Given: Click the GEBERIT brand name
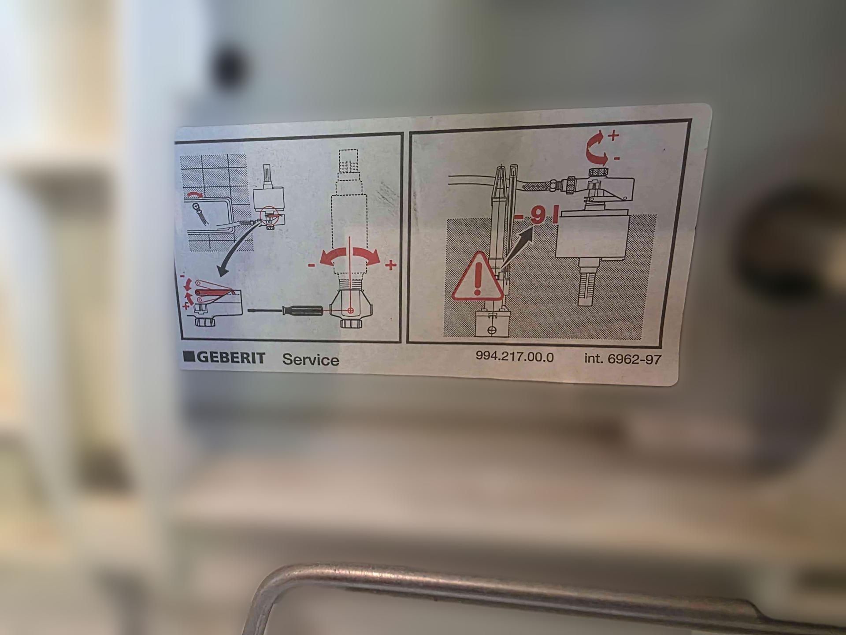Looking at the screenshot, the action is pyautogui.click(x=231, y=357).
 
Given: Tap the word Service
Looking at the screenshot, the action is pyautogui.click(x=311, y=360).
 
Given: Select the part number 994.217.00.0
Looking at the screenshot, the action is pyautogui.click(x=515, y=357).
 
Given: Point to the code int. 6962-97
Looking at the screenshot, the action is pyautogui.click(x=623, y=359).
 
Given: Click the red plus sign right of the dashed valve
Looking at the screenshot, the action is pyautogui.click(x=390, y=265).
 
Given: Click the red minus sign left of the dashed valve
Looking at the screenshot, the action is pyautogui.click(x=312, y=265).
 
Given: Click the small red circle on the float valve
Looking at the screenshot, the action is pyautogui.click(x=269, y=215).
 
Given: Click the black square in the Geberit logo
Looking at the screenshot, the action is pyautogui.click(x=189, y=356).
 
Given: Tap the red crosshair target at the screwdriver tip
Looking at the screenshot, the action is pyautogui.click(x=351, y=310).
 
